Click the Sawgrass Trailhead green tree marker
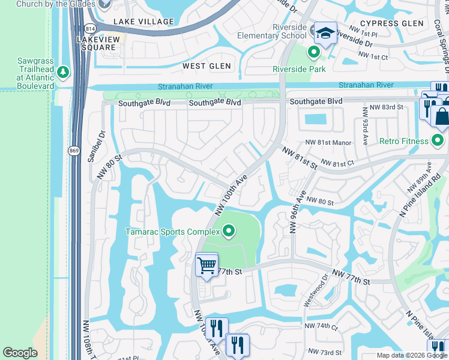point(63,73)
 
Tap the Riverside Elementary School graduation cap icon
point(325,34)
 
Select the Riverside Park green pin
point(313,53)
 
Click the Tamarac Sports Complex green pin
point(228,230)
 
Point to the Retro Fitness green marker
point(438,141)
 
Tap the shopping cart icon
point(206,265)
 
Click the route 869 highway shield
point(73,152)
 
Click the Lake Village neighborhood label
point(143,22)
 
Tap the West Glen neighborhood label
point(206,66)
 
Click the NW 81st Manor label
point(328,142)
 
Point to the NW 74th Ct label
point(321,326)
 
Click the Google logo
point(20,353)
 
